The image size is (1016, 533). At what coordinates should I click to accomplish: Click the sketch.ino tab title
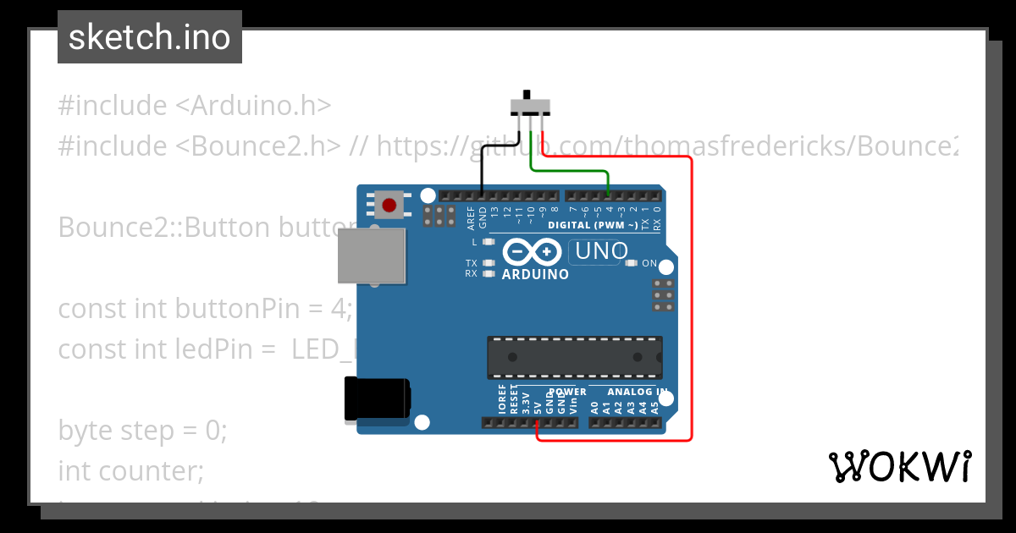point(150,37)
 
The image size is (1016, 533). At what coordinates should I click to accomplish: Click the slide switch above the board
point(531,107)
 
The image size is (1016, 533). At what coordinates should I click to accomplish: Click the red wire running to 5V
point(691,296)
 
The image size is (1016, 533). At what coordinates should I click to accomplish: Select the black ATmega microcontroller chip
point(573,357)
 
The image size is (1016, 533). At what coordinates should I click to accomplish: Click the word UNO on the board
point(600,251)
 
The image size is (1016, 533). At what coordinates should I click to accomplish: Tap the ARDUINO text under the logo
point(535,274)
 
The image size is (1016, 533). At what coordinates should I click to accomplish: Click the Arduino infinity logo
point(532,252)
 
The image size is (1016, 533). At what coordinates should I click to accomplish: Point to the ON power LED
point(631,263)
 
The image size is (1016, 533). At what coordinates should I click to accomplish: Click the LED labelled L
point(488,242)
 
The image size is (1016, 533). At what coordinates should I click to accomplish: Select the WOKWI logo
point(899,466)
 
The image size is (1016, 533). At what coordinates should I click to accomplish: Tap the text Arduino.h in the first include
point(261,106)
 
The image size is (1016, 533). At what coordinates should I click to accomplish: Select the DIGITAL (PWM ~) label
point(593,225)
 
